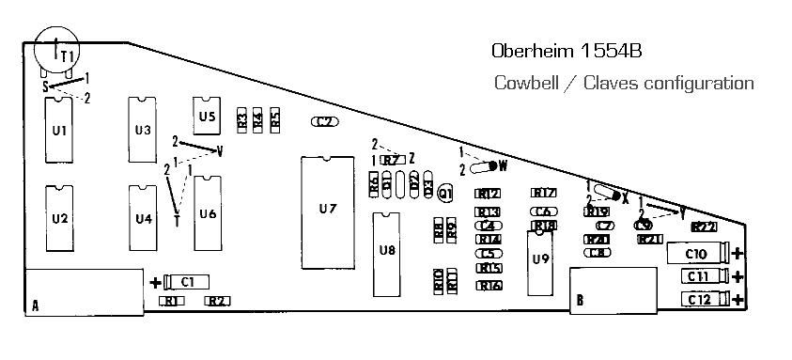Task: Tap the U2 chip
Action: coord(59,218)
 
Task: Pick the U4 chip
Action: coord(144,218)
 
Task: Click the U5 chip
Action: coord(207,116)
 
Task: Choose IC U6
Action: coord(208,213)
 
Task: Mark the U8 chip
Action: coord(387,249)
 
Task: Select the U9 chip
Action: coord(539,258)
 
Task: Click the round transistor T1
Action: coord(57,48)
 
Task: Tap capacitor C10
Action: coord(696,253)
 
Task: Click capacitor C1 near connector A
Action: coord(186,280)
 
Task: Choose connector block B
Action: coord(613,290)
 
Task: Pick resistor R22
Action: coord(705,227)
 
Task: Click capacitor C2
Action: coord(325,121)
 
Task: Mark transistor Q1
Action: coord(445,193)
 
